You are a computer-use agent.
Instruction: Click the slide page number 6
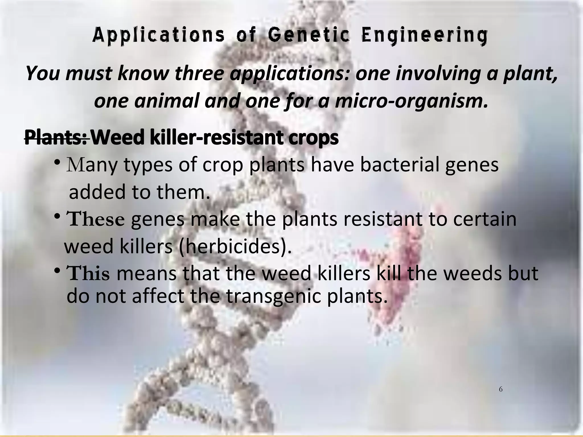pos(501,389)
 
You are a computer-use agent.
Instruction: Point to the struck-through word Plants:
pos(56,137)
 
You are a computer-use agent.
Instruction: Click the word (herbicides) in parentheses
pos(235,246)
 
